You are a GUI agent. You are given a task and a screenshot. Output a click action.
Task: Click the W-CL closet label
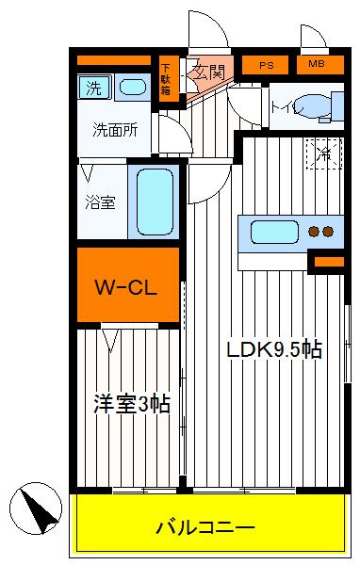pos(127,285)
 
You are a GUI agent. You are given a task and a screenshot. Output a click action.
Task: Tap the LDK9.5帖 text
pos(274,349)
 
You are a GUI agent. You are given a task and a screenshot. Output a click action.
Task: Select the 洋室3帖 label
pos(131,404)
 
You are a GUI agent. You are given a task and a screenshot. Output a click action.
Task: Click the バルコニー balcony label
pos(205,527)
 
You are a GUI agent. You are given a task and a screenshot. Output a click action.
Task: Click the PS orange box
pos(266,65)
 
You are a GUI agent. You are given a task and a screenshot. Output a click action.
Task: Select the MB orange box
pos(313,65)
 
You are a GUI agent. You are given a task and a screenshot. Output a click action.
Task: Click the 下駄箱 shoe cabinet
pos(166,79)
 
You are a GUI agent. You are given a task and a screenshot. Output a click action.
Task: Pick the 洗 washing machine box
pos(94,89)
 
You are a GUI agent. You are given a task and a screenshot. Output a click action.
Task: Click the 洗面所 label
pos(115,131)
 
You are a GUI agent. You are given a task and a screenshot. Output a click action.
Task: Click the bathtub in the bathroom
pos(152,202)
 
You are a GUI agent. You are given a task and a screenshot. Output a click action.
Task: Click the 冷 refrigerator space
pos(323,153)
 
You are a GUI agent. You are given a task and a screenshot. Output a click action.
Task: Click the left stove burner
pos(315,232)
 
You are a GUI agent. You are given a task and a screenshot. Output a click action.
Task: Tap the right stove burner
pos(329,232)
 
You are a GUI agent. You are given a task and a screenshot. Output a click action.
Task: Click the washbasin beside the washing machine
pos(132,89)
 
